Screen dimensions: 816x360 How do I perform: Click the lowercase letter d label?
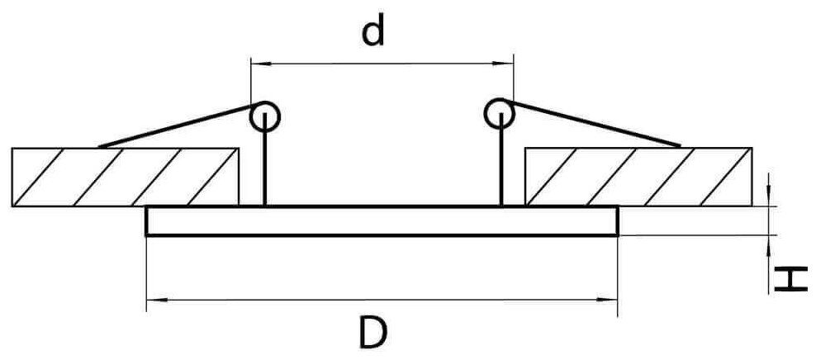coord(374,32)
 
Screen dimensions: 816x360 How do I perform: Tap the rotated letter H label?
coord(791,280)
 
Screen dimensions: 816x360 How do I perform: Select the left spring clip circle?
coord(265,115)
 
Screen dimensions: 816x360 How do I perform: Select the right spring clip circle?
coord(500,113)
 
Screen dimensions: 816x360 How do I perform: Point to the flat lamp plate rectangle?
coord(382,221)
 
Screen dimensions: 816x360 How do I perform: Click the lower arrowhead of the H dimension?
coord(771,244)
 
